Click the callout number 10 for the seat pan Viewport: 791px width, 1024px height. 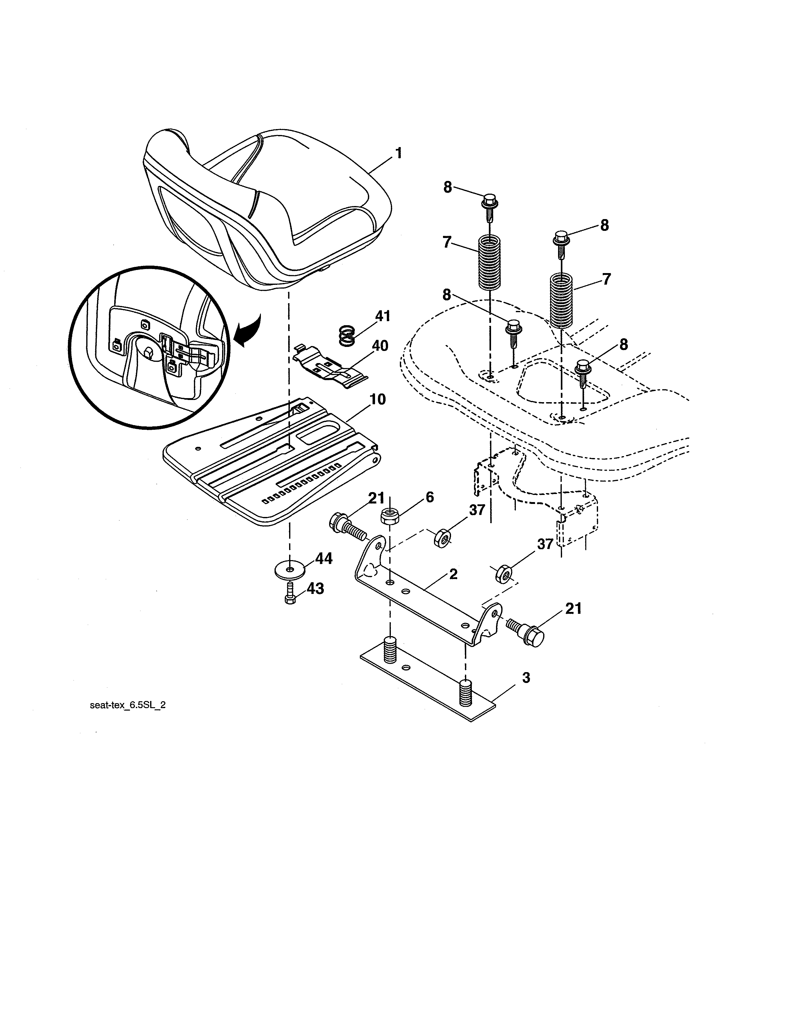377,399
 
